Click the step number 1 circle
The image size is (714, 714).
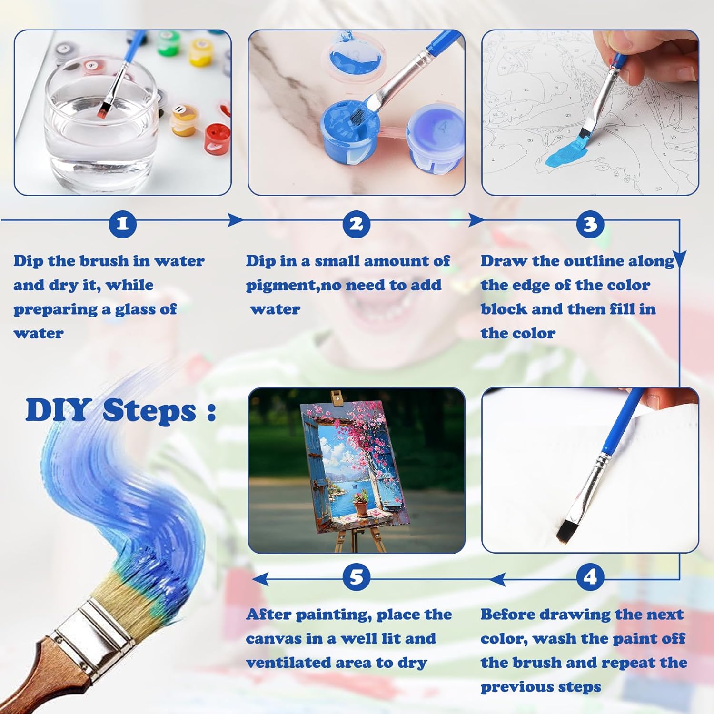tap(122, 224)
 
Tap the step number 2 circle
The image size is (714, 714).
tap(357, 224)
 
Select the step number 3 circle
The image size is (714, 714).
tap(590, 224)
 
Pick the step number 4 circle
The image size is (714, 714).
tap(590, 577)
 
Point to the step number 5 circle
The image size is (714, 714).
tap(357, 577)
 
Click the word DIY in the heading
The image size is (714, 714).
tap(58, 410)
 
